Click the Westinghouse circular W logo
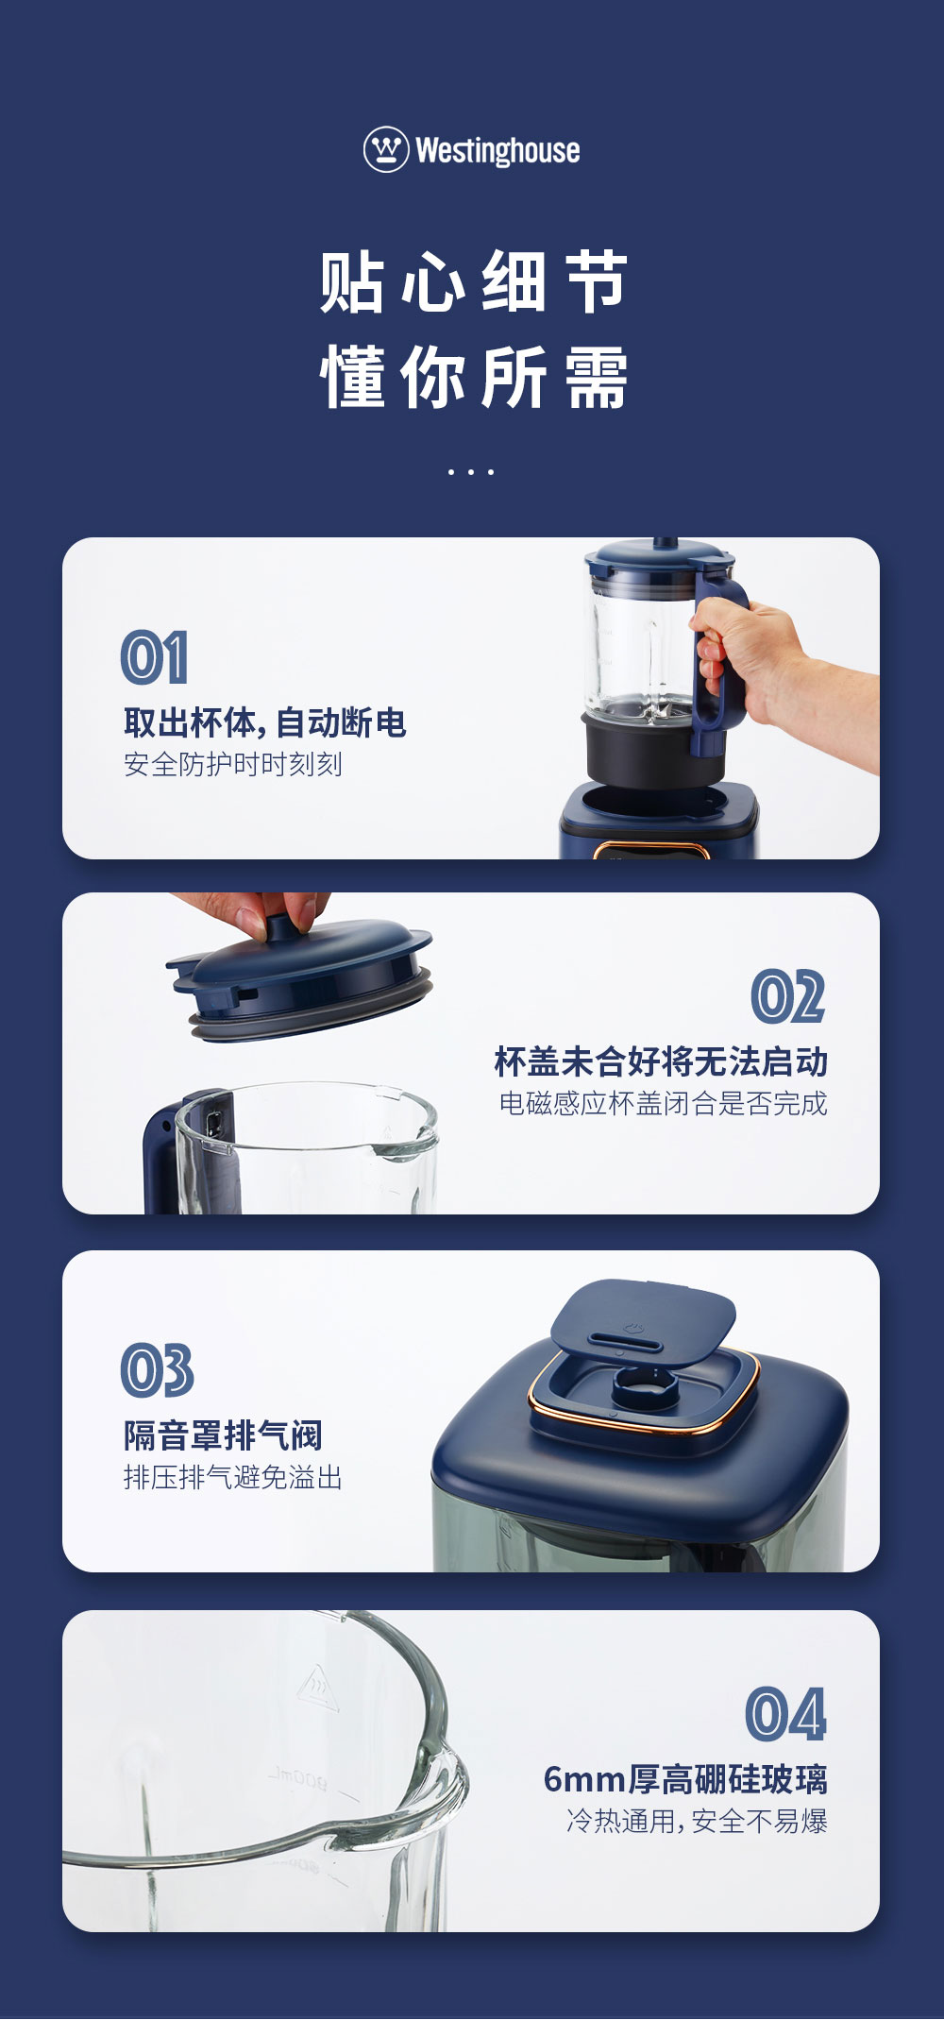pyautogui.click(x=386, y=149)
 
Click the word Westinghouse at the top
pyautogui.click(x=497, y=150)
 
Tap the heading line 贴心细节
pyautogui.click(x=473, y=281)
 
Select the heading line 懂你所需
pyautogui.click(x=473, y=377)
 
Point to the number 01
pyautogui.click(x=154, y=657)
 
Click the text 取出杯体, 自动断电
pyautogui.click(x=265, y=722)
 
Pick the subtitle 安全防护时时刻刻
pyautogui.click(x=233, y=764)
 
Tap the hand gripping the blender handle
pyautogui.click(x=774, y=675)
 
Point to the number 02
pyautogui.click(x=788, y=997)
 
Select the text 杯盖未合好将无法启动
pyautogui.click(x=661, y=1061)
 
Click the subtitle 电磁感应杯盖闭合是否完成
pyautogui.click(x=663, y=1103)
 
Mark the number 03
pyautogui.click(x=157, y=1370)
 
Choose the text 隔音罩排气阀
pyautogui.click(x=223, y=1435)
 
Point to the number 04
pyautogui.click(x=785, y=1715)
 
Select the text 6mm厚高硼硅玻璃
pyautogui.click(x=685, y=1779)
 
